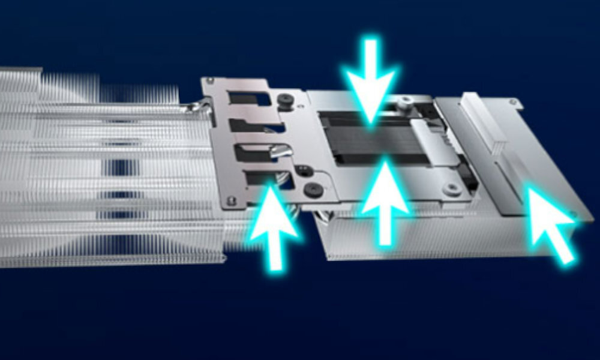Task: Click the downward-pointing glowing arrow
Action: point(371,81)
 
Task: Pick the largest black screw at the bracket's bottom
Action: point(312,191)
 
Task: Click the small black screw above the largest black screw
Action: point(304,170)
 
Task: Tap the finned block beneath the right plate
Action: point(420,240)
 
